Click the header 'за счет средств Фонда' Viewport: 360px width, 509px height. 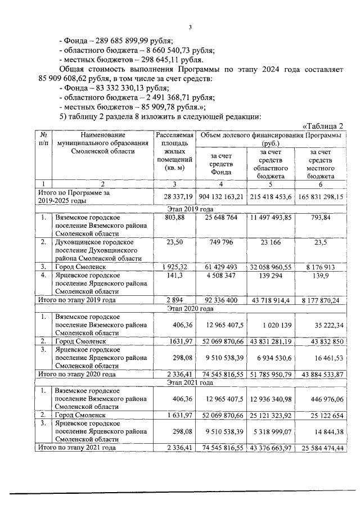221,164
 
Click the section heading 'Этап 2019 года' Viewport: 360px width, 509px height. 190,208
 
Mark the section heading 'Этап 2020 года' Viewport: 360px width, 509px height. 190,309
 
